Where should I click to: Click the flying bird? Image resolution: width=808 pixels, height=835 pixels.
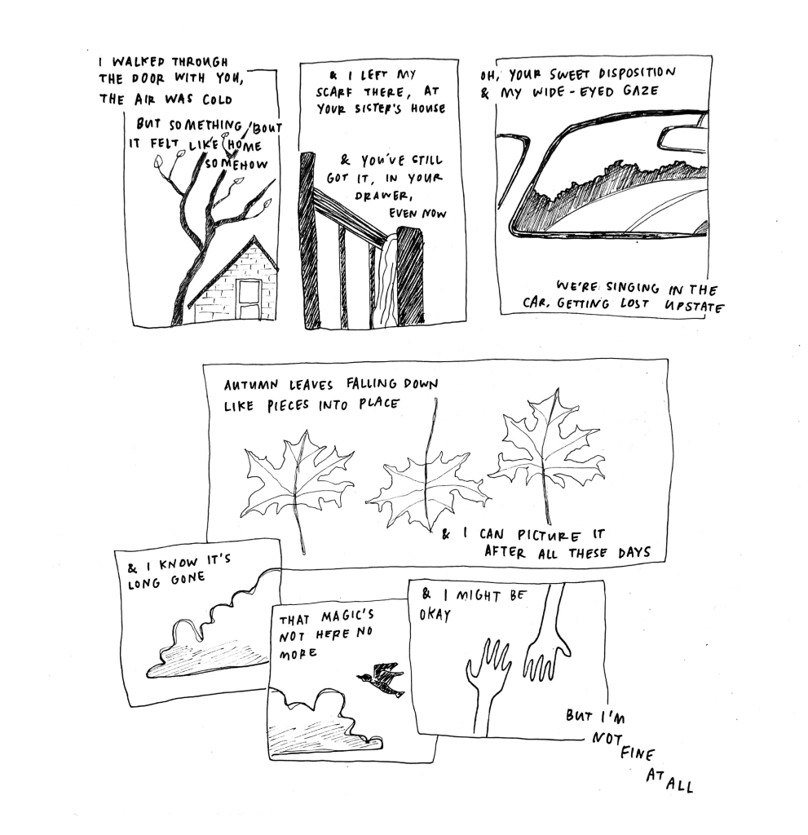381,678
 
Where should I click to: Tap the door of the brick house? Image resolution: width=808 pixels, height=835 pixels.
249,298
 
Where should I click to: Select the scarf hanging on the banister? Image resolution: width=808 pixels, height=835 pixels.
386,280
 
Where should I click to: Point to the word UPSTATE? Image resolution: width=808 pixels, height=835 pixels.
694,307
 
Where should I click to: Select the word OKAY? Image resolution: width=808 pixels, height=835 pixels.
435,615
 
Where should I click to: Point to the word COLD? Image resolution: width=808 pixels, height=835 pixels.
218,99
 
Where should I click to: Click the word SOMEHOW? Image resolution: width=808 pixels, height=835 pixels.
236,163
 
